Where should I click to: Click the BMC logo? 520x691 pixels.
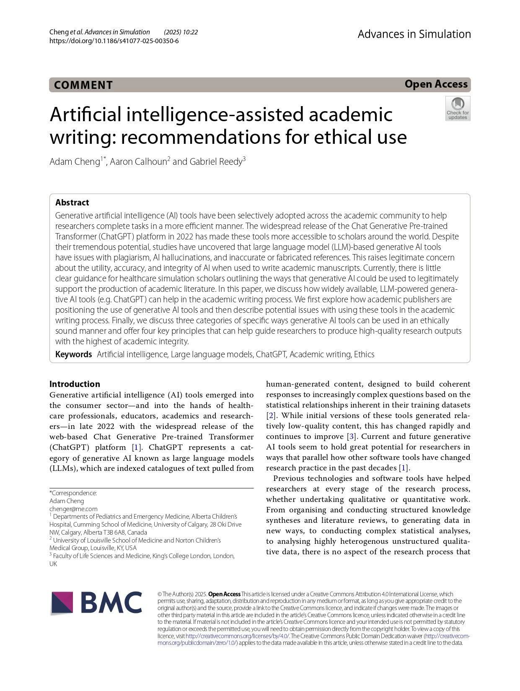[96, 603]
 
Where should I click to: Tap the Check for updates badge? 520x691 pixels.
[458, 109]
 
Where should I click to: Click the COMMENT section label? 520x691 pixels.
[83, 85]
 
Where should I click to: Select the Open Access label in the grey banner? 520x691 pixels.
[436, 84]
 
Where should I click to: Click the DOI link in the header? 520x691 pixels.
[114, 41]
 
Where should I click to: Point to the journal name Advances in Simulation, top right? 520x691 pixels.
[414, 34]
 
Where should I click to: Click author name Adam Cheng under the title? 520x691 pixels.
[75, 161]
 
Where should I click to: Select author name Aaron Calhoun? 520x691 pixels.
[138, 161]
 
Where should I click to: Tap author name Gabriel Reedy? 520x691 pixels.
[216, 161]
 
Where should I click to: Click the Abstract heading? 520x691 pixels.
[72, 203]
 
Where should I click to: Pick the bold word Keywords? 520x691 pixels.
[73, 354]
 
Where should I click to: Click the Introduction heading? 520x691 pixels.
[75, 384]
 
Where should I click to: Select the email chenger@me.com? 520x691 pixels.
[73, 509]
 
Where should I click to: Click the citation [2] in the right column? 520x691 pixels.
[271, 416]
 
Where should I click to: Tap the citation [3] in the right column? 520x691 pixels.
[352, 436]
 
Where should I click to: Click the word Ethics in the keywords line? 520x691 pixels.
[364, 354]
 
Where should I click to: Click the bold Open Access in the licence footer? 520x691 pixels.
[224, 594]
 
